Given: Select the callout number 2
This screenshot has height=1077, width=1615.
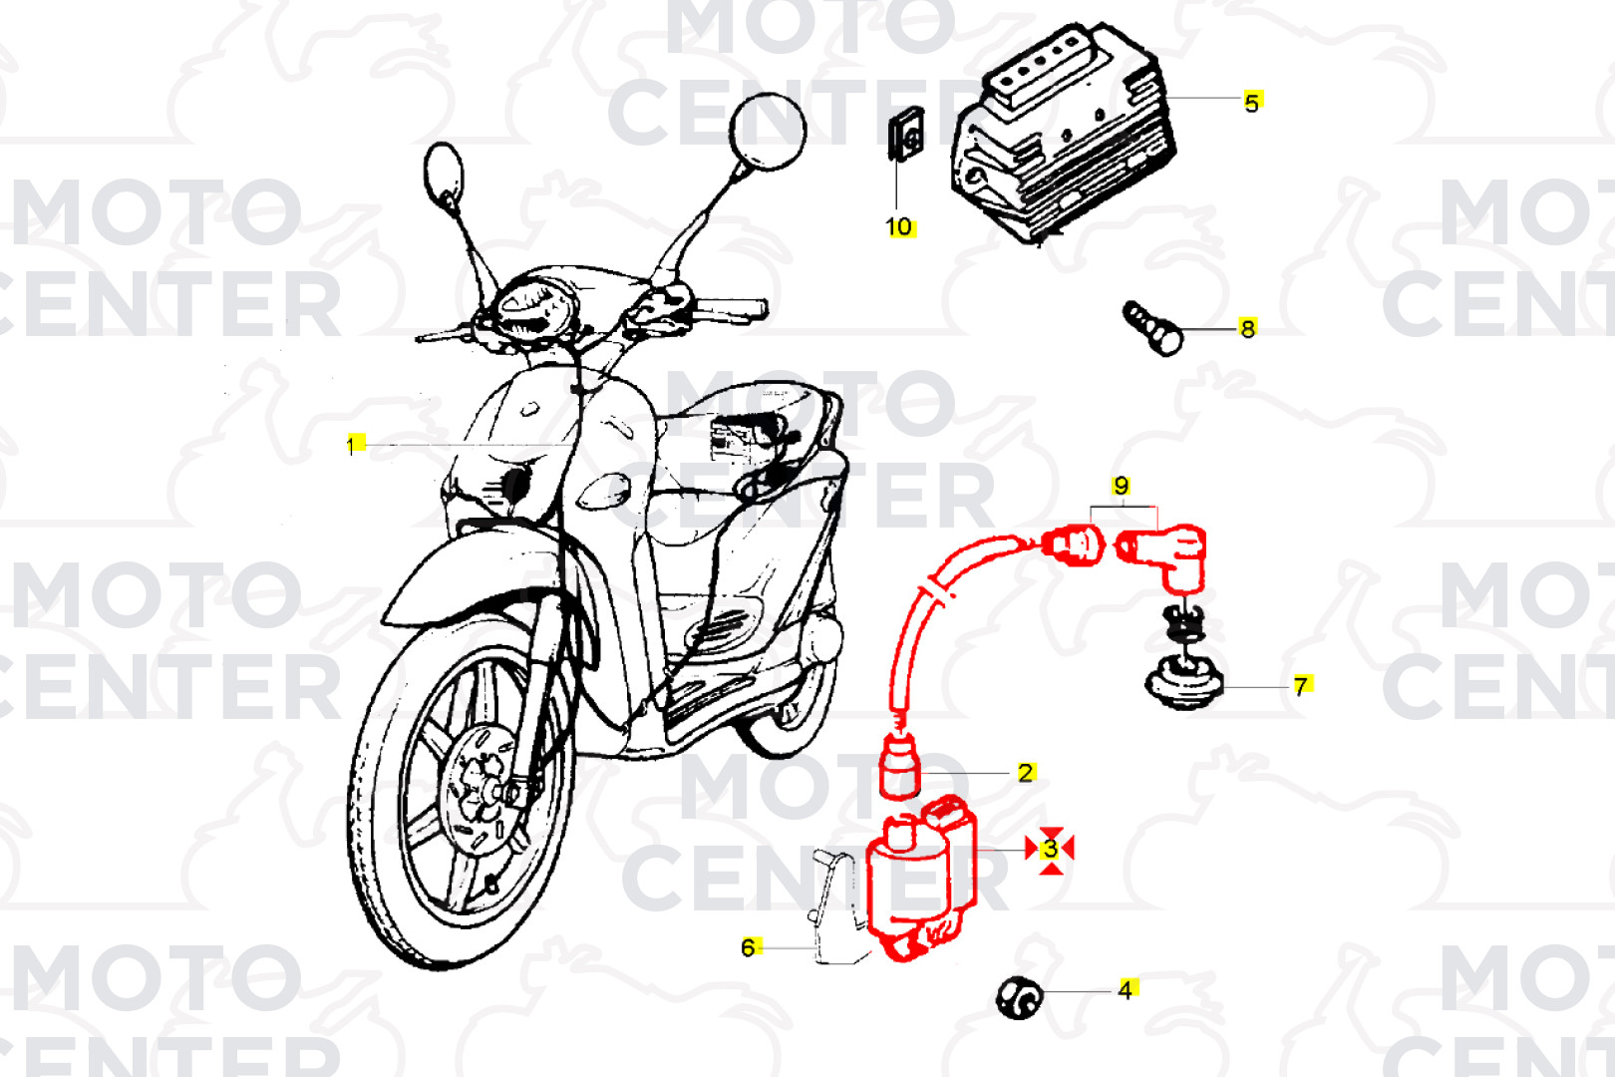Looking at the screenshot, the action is [x=1025, y=773].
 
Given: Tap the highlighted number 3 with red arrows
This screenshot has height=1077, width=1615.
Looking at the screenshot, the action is [x=1051, y=849].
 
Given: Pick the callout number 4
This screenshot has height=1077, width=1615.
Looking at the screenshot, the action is [x=1125, y=989].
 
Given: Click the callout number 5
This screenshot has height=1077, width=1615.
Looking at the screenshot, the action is [x=1251, y=103].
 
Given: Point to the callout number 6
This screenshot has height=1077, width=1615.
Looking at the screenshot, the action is [x=749, y=947].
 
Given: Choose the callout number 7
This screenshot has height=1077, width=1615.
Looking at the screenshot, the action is [x=1301, y=685].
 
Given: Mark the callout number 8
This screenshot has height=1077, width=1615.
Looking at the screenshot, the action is [x=1247, y=329].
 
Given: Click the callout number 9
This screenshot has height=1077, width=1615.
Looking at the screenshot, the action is [x=1121, y=486].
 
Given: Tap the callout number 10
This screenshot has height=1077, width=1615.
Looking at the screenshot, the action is [x=899, y=227].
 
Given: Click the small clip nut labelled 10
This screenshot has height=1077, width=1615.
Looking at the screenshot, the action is [x=905, y=134].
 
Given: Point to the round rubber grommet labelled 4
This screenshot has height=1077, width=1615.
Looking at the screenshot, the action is [x=1020, y=997].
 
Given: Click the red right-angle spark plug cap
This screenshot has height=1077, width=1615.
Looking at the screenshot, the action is [x=1162, y=555].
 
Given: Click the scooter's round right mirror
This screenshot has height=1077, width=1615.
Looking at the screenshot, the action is [x=768, y=132].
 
